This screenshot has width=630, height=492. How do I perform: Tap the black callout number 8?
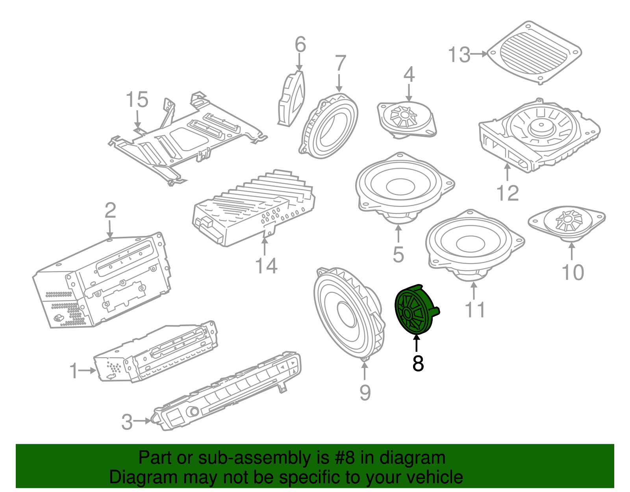tap(418, 364)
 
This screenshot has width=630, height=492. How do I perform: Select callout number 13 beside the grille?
tap(459, 55)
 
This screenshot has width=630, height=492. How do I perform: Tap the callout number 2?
tap(110, 210)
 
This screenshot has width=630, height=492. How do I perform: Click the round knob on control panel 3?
tap(194, 412)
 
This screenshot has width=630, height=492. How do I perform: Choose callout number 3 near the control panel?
tap(127, 422)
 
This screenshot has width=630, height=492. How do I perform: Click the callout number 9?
tap(365, 393)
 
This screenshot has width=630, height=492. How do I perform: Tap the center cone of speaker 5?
tap(400, 186)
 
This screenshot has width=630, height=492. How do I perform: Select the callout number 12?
tap(508, 193)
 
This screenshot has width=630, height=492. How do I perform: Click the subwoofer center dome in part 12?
tap(540, 128)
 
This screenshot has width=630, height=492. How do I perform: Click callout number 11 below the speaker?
tap(475, 310)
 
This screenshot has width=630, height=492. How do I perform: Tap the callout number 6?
tap(300, 45)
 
